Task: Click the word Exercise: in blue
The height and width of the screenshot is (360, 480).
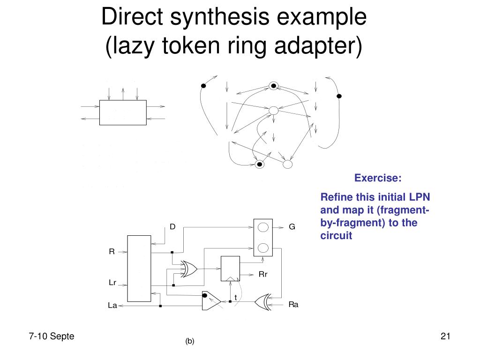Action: point(378,178)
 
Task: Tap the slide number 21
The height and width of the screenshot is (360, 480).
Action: point(445,336)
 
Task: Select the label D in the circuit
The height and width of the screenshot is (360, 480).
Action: point(172,227)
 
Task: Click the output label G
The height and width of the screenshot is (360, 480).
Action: point(292,227)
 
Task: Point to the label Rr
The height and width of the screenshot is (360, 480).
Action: point(263,274)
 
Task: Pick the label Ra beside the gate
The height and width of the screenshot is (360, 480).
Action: point(293,304)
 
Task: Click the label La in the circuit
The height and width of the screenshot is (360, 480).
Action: point(112,306)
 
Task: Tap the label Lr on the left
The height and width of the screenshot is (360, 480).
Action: point(112,283)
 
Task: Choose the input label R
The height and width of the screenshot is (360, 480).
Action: point(112,251)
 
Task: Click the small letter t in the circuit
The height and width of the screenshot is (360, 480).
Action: point(235,297)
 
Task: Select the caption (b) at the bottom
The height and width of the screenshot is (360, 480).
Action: point(189,342)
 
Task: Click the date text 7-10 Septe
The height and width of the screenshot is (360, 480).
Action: point(52,336)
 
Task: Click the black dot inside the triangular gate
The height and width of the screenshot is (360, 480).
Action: point(205,295)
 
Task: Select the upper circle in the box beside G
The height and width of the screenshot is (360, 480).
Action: point(263,227)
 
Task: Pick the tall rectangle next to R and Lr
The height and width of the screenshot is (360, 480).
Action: point(139,269)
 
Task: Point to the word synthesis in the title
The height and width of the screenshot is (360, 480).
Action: point(205,18)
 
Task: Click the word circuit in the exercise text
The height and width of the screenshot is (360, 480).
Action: point(336,236)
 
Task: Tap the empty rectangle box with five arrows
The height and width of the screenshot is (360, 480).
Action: point(123,112)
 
